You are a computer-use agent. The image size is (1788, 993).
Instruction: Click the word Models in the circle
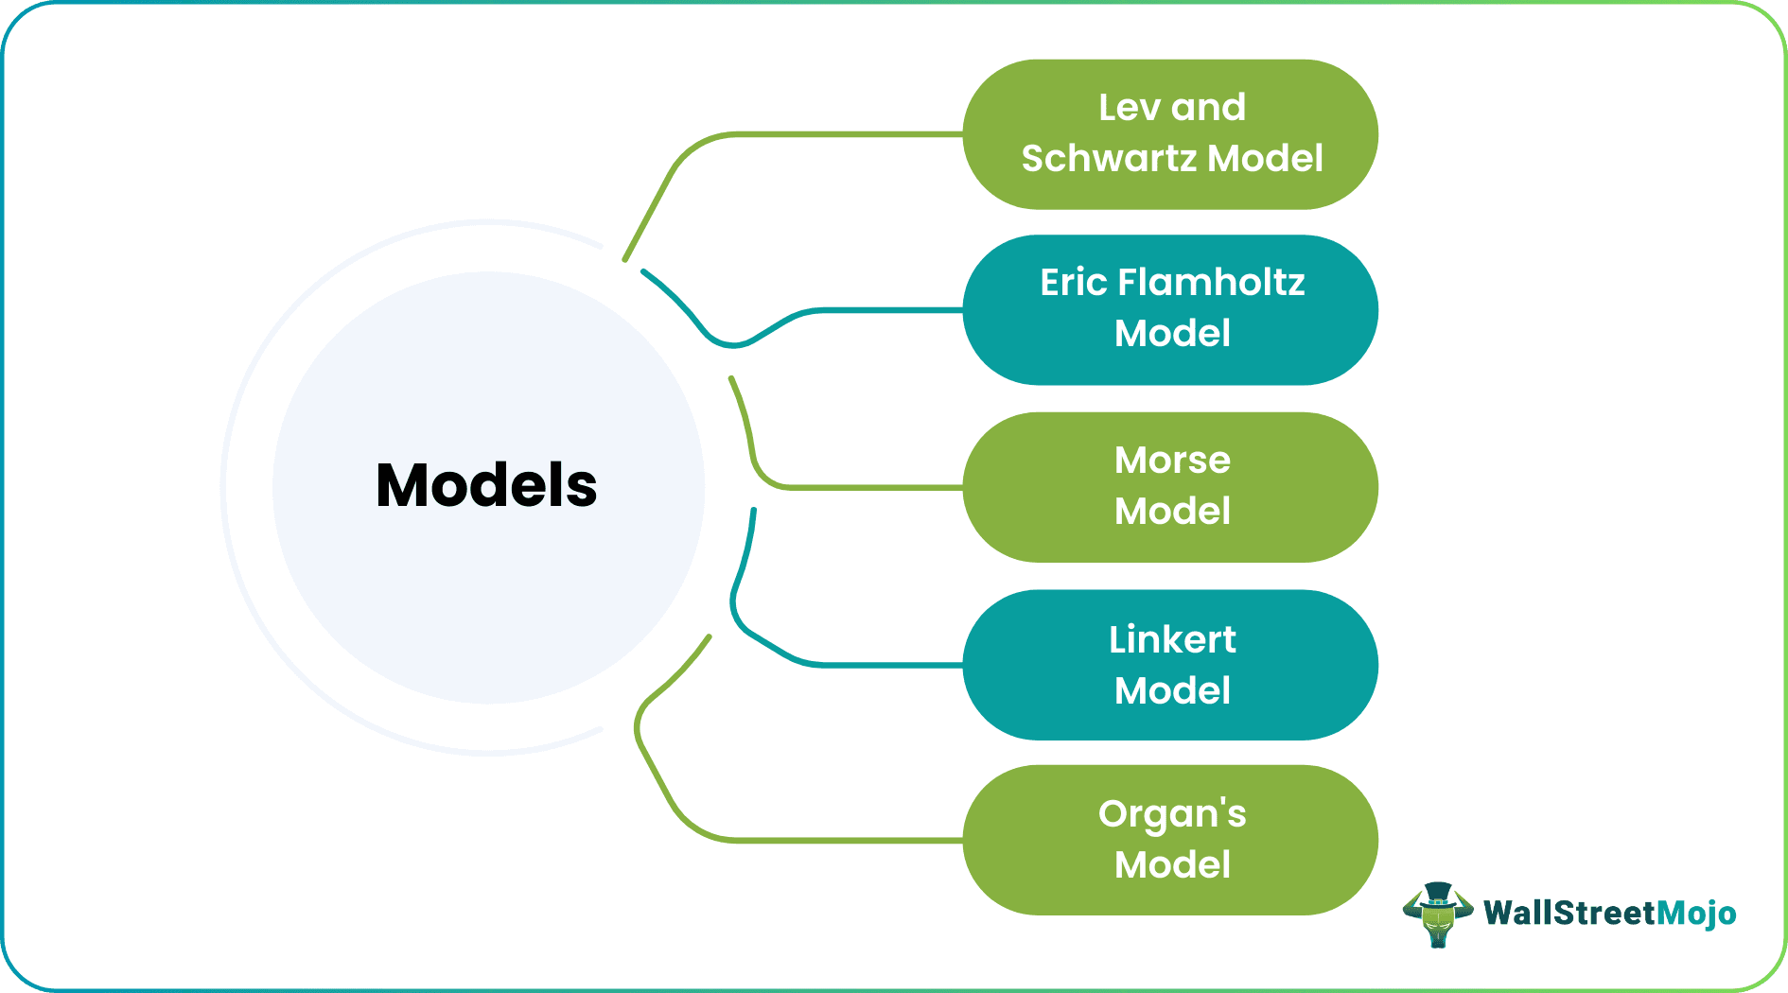tap(486, 486)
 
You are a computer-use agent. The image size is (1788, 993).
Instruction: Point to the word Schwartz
tap(1109, 159)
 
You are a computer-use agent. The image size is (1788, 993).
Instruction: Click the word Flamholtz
tap(1211, 283)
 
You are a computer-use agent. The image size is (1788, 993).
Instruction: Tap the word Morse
tap(1172, 461)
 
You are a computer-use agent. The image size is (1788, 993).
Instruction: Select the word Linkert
tap(1172, 640)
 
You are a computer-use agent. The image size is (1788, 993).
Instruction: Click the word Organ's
tap(1172, 814)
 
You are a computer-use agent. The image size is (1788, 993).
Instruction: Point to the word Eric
tap(1074, 283)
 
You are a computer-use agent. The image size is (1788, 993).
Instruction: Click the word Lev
tap(1129, 108)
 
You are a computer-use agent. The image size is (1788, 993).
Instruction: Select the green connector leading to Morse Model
tap(851, 487)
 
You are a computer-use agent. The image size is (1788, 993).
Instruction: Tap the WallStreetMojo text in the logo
tap(1609, 914)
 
